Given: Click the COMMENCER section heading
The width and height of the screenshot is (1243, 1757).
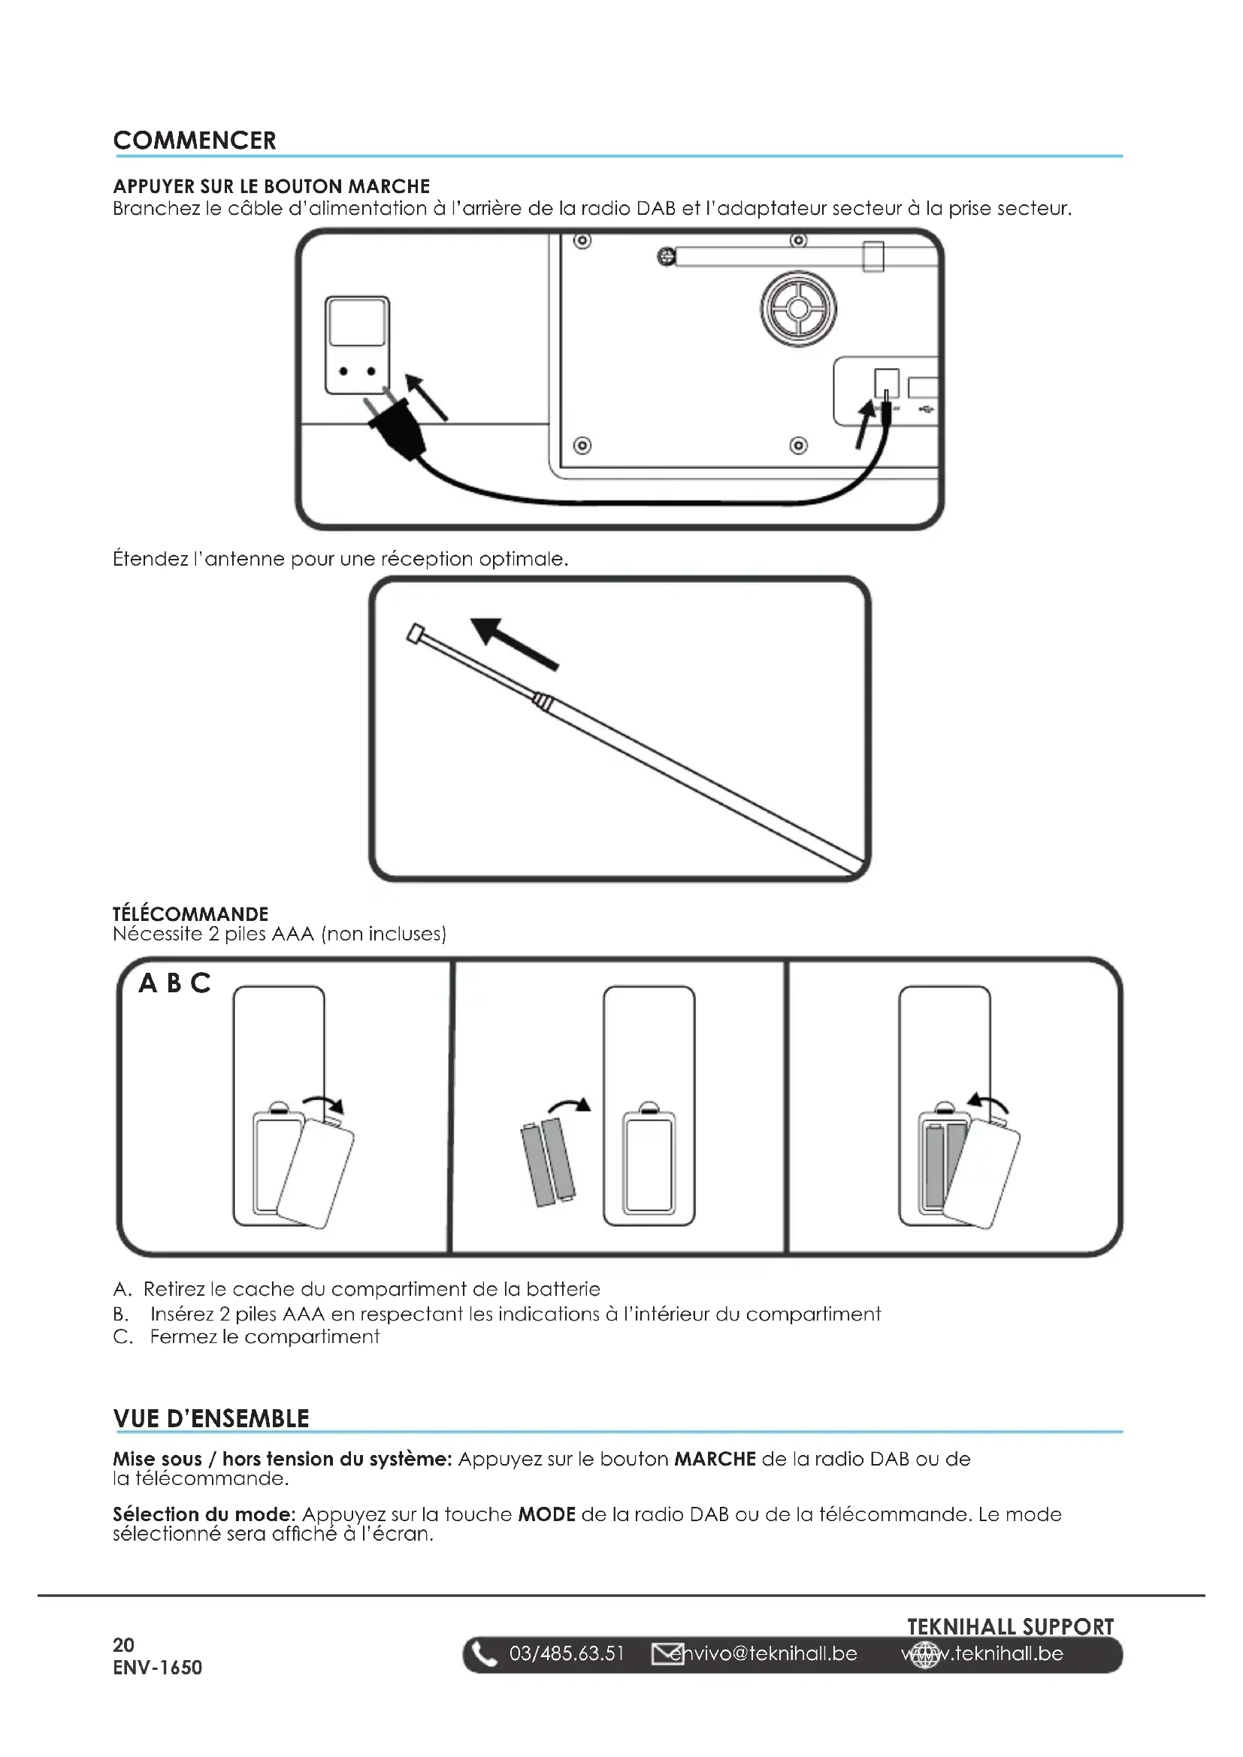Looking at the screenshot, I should (195, 140).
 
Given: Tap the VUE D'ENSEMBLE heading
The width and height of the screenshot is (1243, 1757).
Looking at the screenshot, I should (210, 1419).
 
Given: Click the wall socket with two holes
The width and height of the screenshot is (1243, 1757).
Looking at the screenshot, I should (357, 346).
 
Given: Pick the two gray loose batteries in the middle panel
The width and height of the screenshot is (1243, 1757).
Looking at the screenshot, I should (548, 1161).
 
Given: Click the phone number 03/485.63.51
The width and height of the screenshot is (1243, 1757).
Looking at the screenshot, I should (567, 1654).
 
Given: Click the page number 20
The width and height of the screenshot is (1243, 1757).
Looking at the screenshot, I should (123, 1645).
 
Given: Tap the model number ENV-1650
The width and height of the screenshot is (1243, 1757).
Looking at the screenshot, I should (158, 1668).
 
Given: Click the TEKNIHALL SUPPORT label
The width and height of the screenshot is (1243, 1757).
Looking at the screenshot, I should (1009, 1627).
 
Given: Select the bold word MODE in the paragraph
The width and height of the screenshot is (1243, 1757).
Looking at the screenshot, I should (546, 1515).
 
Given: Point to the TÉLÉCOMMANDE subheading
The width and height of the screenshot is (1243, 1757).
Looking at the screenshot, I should (191, 914).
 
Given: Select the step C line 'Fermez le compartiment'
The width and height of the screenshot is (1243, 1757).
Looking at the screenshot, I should (264, 1338).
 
